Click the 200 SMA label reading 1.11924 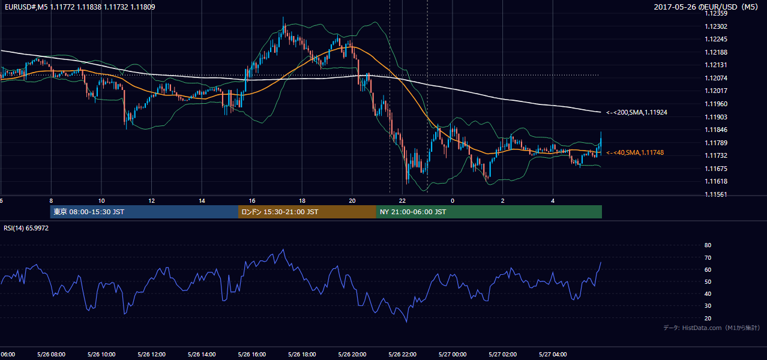coord(637,112)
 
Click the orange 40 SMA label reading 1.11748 coord(635,152)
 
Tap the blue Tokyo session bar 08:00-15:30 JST coord(144,212)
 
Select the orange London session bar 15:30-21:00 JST coord(307,212)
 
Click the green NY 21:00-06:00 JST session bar coord(489,212)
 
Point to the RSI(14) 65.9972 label coord(26,228)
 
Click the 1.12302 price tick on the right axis coord(716,26)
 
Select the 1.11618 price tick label coord(716,181)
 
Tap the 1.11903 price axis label coord(716,117)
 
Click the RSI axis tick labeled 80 coord(708,245)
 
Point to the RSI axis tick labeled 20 coord(708,318)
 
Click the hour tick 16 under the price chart coord(251,201)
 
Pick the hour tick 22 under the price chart coord(402,201)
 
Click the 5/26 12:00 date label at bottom coord(152,355)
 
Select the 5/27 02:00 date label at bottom coord(503,355)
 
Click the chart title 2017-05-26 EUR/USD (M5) coord(706,7)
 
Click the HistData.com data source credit coord(712,328)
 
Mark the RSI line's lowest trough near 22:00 coord(406,322)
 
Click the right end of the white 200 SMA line coord(601,112)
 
